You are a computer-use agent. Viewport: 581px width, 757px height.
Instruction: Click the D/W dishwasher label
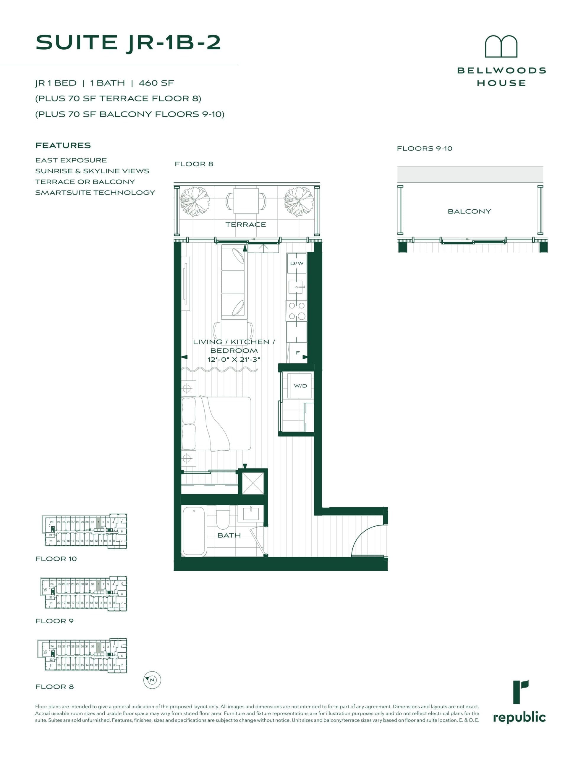tap(297, 263)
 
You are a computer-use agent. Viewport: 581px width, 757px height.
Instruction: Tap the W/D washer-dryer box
tap(300, 386)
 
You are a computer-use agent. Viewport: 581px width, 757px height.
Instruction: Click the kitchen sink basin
tap(296, 287)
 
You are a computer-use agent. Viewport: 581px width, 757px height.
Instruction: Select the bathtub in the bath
tap(194, 531)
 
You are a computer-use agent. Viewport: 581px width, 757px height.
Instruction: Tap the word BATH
tap(229, 535)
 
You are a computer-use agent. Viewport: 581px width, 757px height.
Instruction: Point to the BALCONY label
tap(469, 211)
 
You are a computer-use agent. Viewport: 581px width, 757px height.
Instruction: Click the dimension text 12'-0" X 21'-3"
tap(234, 360)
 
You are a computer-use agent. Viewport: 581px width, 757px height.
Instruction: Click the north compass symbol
tap(152, 680)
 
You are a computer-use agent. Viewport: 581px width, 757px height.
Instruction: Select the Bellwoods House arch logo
tap(501, 47)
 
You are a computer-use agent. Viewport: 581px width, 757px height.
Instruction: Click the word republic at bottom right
tap(519, 718)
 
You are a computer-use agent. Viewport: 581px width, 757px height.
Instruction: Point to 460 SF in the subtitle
tap(156, 83)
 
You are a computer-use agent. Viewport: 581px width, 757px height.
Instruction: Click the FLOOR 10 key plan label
tap(56, 559)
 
